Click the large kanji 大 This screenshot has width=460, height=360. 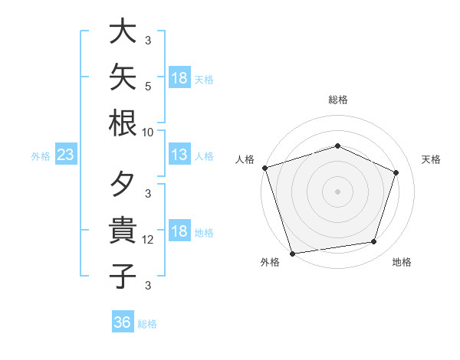[123, 31]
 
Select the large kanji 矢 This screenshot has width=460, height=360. [123, 77]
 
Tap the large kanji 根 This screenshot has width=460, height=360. [123, 123]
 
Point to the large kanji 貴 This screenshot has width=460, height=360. [123, 230]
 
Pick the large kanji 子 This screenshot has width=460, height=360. [123, 276]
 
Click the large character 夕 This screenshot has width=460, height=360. [123, 184]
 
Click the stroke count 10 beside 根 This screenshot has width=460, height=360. [147, 133]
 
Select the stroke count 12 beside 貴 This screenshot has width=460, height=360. [147, 240]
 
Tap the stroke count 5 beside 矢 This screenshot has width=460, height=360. [148, 87]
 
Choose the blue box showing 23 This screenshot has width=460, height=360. [66, 154]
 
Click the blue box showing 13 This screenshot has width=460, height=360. [180, 154]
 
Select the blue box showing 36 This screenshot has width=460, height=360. [123, 321]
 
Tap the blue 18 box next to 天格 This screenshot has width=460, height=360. [180, 77]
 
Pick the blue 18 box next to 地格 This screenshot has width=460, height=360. [180, 230]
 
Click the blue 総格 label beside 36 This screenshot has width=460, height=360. [147, 324]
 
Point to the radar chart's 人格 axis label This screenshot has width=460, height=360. [245, 159]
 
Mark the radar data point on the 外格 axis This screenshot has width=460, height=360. [293, 254]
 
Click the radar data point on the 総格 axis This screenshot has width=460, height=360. [337, 146]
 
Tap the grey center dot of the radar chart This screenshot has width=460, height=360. [337, 191]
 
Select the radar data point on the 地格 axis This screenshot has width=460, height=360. [374, 241]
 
